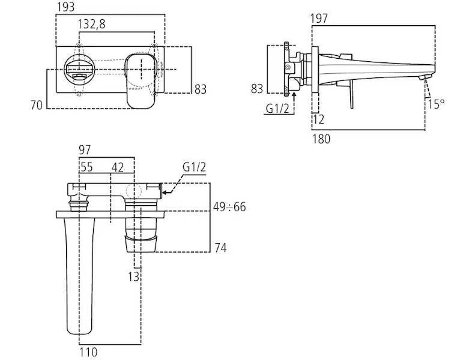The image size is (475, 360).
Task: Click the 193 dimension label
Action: click(x=65, y=7)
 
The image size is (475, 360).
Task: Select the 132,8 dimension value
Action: click(x=91, y=24)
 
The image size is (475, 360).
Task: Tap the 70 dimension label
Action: click(x=37, y=105)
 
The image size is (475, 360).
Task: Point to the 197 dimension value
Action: click(x=319, y=19)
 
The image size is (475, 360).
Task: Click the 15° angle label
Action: click(x=436, y=104)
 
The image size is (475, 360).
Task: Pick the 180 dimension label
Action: click(x=321, y=139)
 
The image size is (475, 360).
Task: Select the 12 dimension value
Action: click(x=318, y=119)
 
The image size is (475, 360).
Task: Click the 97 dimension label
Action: click(x=85, y=149)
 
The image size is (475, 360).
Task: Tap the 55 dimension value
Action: click(x=86, y=167)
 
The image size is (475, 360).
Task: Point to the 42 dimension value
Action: click(x=118, y=167)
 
